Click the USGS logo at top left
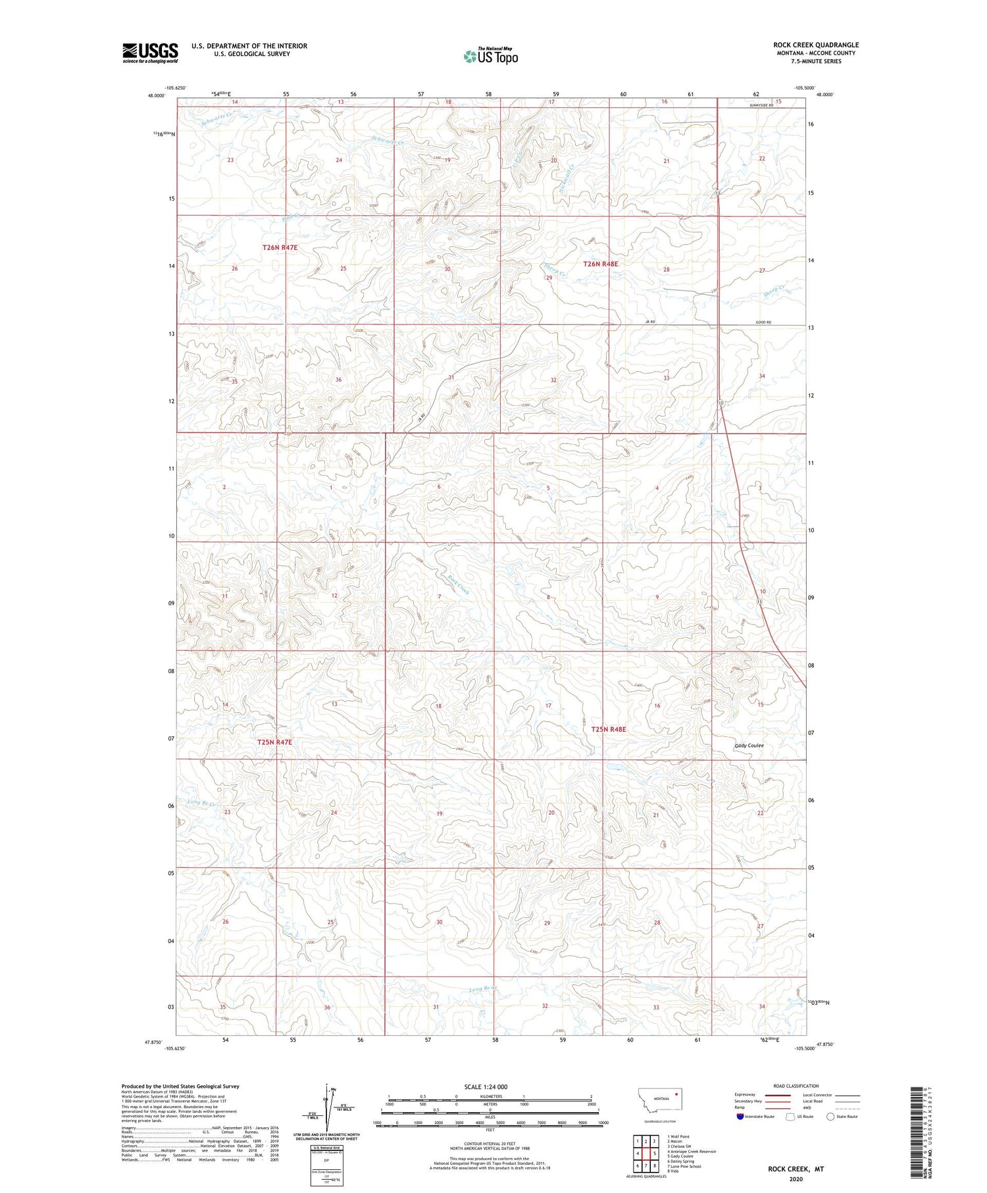coord(150,53)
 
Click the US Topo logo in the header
coord(491,57)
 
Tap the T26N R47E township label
coord(280,247)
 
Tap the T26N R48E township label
coord(601,264)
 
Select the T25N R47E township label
coord(274,742)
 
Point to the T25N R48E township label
coord(609,729)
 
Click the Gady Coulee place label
coord(749,746)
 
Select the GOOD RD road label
coord(763,322)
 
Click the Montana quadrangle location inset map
coord(660,1100)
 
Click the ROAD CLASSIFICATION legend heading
coord(796,1086)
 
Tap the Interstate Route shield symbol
coord(741,1117)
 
